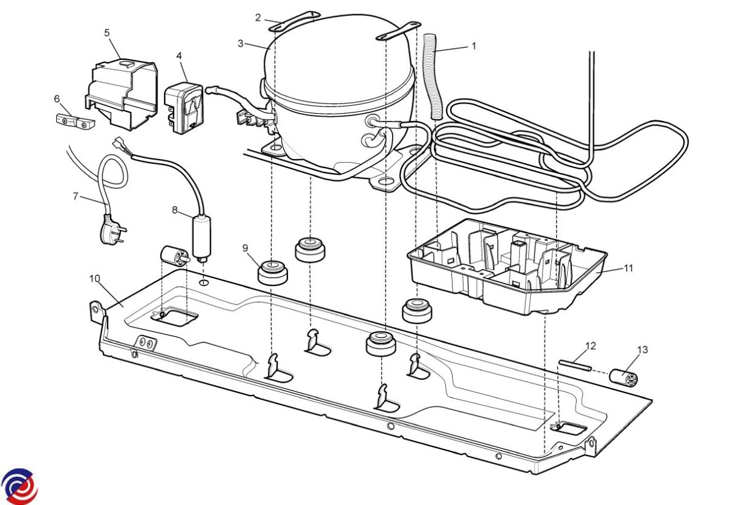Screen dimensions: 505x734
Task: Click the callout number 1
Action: (473, 46)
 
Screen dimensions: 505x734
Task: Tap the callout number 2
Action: (258, 17)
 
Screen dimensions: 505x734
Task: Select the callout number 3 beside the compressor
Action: (240, 43)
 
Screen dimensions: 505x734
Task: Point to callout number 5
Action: (107, 32)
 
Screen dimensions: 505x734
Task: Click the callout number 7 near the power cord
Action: (76, 196)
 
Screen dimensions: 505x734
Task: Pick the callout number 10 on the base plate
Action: (94, 279)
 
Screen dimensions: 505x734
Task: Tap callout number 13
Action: (642, 350)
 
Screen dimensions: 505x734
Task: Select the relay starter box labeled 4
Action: (185, 108)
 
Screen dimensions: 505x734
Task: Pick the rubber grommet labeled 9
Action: (273, 272)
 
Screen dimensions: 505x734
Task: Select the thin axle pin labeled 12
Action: (574, 365)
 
